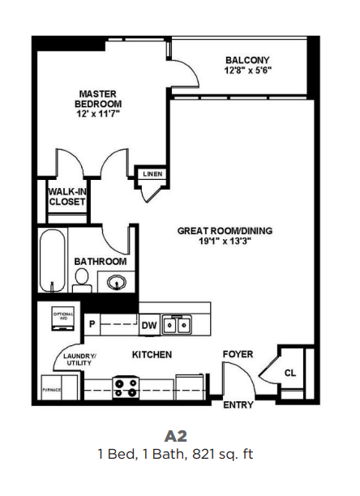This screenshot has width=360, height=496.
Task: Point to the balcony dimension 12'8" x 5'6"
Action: pos(247,71)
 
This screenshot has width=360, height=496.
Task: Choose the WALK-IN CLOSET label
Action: pos(66,197)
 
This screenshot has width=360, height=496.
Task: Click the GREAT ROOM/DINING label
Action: pos(225,230)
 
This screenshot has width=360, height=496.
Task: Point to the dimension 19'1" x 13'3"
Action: pos(225,242)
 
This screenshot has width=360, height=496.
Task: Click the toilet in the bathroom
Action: pos(81,281)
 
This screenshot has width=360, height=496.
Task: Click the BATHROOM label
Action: pos(100,262)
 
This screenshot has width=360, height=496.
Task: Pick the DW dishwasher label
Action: pos(149,326)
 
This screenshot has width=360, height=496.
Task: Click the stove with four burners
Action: pos(125,387)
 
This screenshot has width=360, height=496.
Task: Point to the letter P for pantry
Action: pos(92,326)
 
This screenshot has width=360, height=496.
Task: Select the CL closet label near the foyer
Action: pos(289,374)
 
